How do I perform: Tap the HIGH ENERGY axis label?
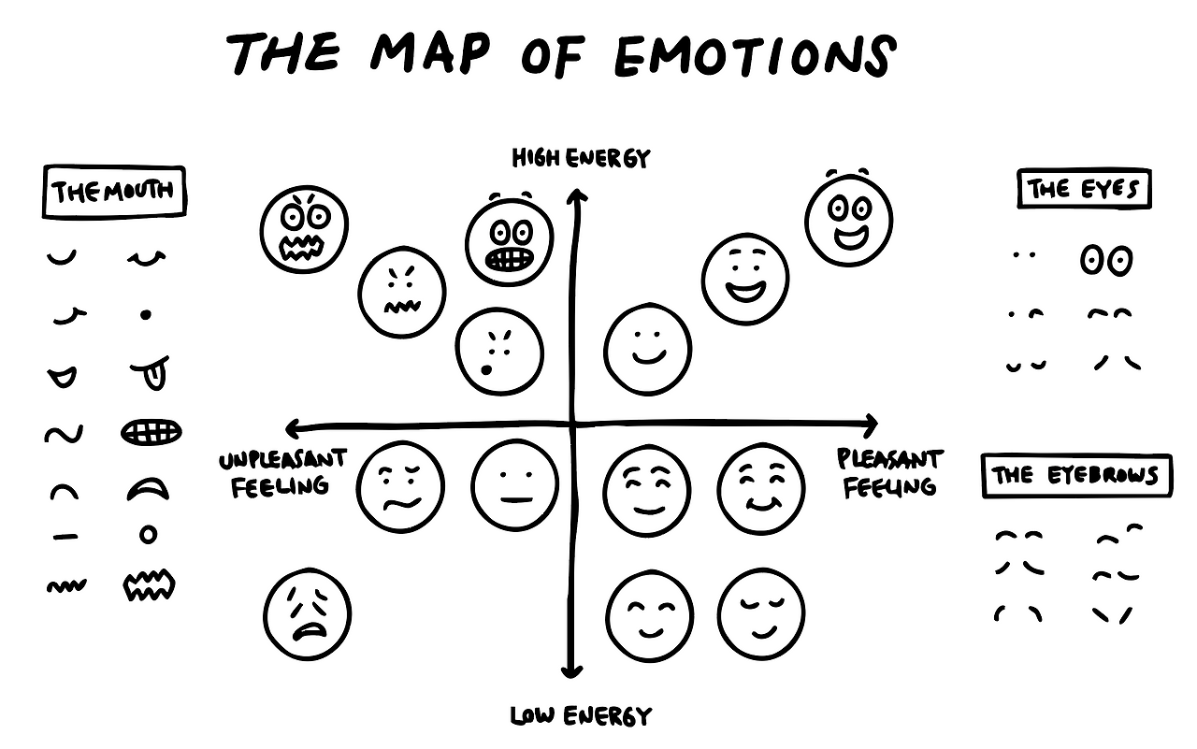[x=580, y=158]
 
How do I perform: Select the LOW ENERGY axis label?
[x=580, y=717]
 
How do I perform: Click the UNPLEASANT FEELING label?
[x=282, y=472]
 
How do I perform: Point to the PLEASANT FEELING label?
[x=888, y=472]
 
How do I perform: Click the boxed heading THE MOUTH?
[x=113, y=192]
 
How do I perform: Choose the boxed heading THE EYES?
[x=1084, y=190]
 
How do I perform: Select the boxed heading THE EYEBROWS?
[x=1075, y=475]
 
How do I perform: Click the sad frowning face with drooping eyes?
[x=307, y=613]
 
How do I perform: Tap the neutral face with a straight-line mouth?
[x=514, y=484]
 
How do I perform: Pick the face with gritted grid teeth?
[x=510, y=241]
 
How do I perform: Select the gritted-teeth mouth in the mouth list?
[x=151, y=432]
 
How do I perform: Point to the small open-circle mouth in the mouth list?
[x=148, y=534]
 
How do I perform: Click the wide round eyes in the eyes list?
[x=1106, y=260]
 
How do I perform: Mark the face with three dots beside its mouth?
[x=499, y=352]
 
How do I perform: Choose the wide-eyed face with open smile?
[x=848, y=220]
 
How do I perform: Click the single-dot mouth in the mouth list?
[x=146, y=316]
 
